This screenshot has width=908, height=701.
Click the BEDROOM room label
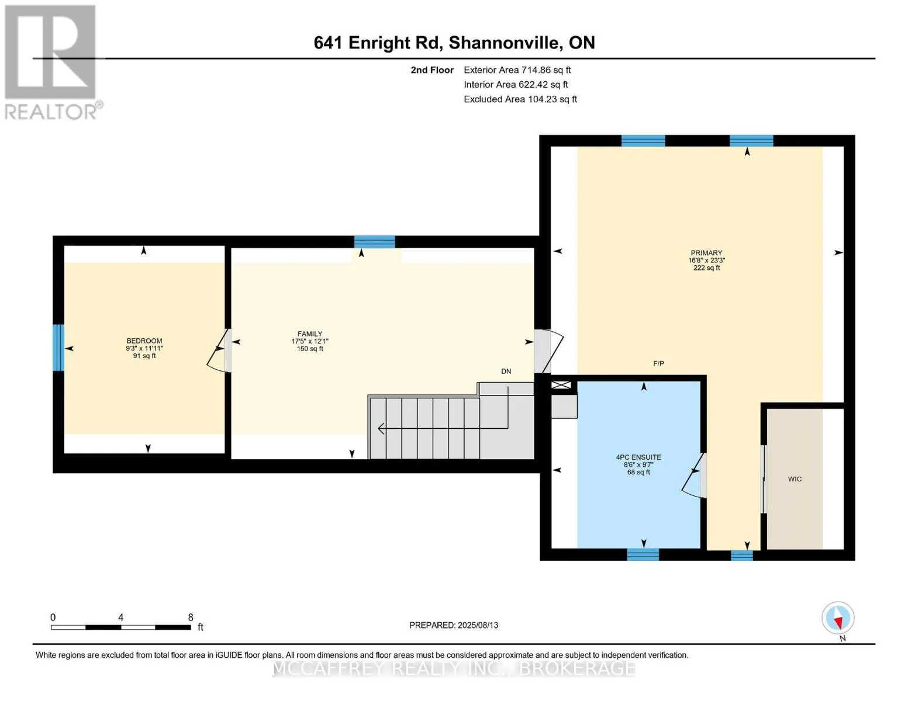tap(144, 341)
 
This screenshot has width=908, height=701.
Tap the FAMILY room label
tap(310, 334)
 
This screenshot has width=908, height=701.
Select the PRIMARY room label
tap(706, 252)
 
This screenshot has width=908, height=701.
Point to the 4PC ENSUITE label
tap(638, 457)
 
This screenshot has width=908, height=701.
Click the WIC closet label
tap(795, 479)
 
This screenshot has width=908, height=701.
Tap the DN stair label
tap(506, 371)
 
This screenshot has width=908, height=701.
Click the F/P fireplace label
tap(658, 364)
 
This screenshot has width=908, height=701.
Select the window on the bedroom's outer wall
tap(58, 348)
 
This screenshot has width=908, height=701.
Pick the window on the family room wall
tap(374, 242)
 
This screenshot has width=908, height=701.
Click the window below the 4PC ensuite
tap(643, 554)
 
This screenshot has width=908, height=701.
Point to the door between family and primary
tap(549, 350)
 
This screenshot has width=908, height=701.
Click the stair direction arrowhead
tap(381, 428)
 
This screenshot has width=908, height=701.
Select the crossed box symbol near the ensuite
tap(561, 385)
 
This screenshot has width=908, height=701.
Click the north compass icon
tap(838, 618)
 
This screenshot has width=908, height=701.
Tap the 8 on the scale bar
tap(191, 617)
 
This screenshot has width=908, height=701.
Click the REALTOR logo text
tap(51, 112)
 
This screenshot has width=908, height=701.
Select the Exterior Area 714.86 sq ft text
tap(517, 70)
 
